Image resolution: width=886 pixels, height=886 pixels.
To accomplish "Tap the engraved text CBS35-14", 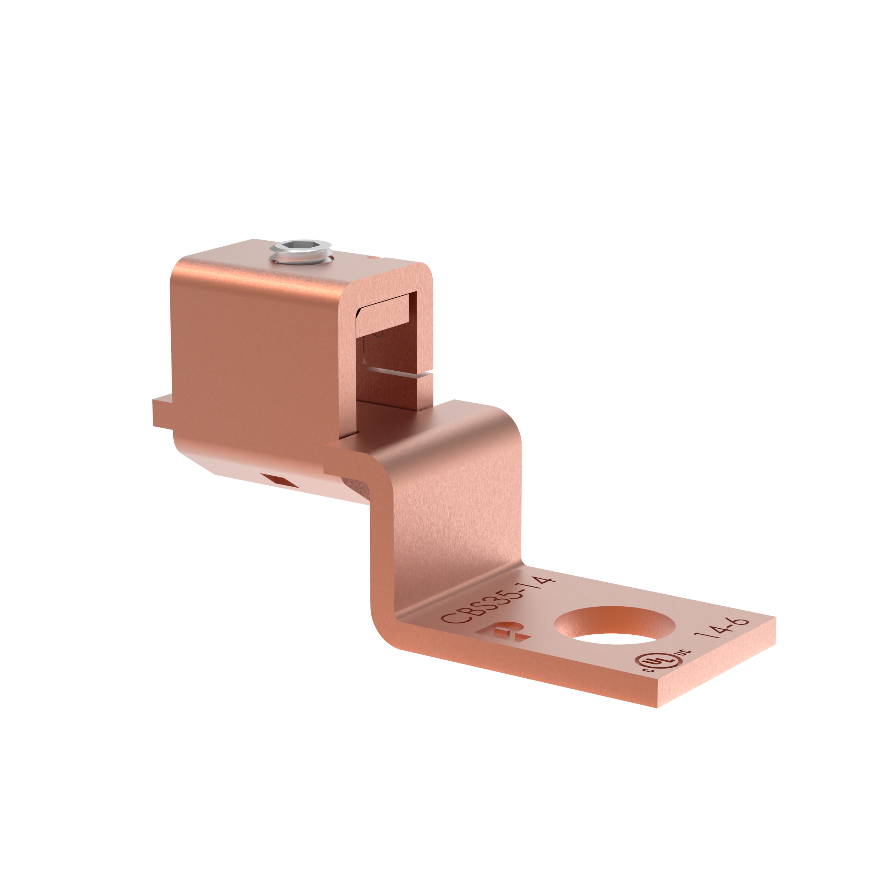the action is [498, 601].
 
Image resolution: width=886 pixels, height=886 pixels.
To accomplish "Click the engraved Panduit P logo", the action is [504, 633].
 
